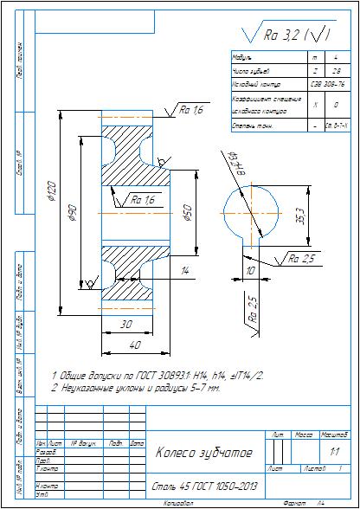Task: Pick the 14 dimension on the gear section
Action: pos(183,271)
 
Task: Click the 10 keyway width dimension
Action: pos(250,271)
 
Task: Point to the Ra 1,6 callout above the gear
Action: pos(191,111)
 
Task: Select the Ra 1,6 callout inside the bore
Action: pos(143,200)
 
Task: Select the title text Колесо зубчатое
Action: pos(203,453)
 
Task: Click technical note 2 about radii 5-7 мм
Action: pos(136,389)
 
